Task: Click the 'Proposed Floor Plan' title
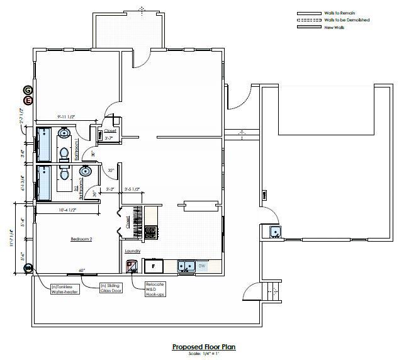point(203,347)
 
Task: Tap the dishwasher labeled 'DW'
point(201,266)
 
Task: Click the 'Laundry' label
point(132,251)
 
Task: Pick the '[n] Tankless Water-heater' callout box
point(65,288)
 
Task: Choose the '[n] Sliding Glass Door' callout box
point(111,288)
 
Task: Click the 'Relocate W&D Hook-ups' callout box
point(155,290)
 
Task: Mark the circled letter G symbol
point(28,91)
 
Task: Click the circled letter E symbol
point(28,100)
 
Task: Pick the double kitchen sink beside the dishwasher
point(186,266)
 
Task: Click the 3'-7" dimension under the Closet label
point(108,138)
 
